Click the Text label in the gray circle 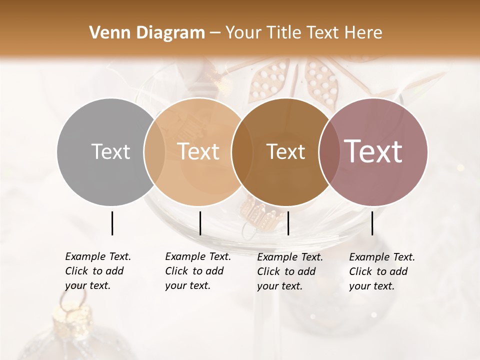point(110,151)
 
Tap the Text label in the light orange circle point(198,151)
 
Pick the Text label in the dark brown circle point(285,151)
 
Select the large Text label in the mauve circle point(373,151)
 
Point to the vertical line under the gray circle point(112,223)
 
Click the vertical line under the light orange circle point(200,223)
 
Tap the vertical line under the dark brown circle point(288,223)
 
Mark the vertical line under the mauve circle point(372,223)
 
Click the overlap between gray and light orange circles point(154,151)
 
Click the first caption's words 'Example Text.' point(98,256)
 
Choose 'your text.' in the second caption point(187,285)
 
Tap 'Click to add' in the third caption point(286,271)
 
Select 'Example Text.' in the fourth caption point(382,257)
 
